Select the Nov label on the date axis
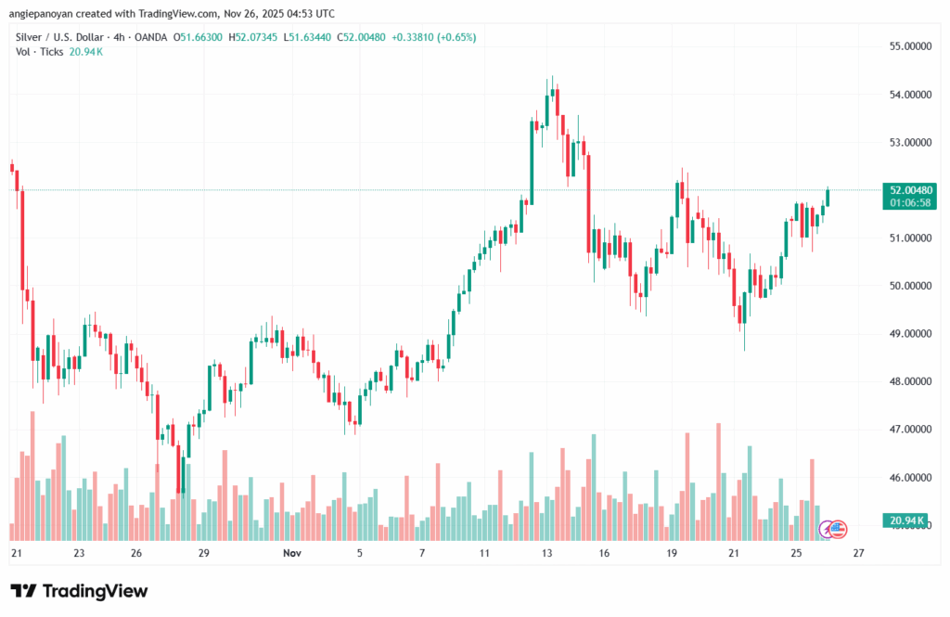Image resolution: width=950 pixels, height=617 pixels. pyautogui.click(x=292, y=553)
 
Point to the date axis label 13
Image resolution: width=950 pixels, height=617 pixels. pyautogui.click(x=547, y=553)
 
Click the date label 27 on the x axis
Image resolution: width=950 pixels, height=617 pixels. pyautogui.click(x=859, y=553)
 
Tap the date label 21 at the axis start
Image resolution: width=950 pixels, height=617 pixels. pyautogui.click(x=16, y=553)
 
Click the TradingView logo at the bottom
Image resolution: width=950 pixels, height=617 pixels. pyautogui.click(x=79, y=591)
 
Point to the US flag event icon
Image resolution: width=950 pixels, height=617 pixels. pyautogui.click(x=838, y=529)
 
